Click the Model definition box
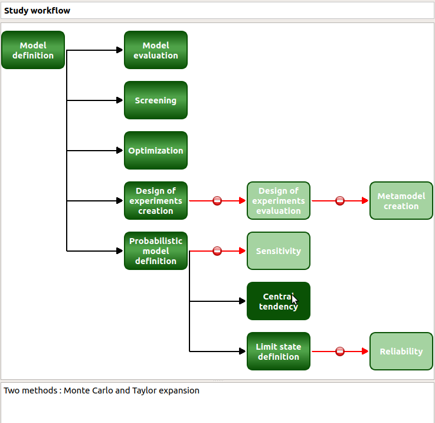pyautogui.click(x=33, y=50)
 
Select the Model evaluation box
pyautogui.click(x=156, y=50)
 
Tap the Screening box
pyautogui.click(x=156, y=100)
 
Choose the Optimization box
pyautogui.click(x=156, y=151)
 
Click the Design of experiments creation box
pyautogui.click(x=156, y=201)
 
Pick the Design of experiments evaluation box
pyautogui.click(x=279, y=201)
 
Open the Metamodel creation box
pyautogui.click(x=401, y=201)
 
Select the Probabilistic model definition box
pyautogui.click(x=156, y=251)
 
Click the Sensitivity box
pyautogui.click(x=279, y=251)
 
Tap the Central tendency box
pyautogui.click(x=279, y=301)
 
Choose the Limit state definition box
pyautogui.click(x=279, y=352)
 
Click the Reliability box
pyautogui.click(x=401, y=352)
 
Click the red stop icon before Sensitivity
pyautogui.click(x=217, y=251)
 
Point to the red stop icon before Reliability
pyautogui.click(x=340, y=352)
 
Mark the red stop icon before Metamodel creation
pyautogui.click(x=340, y=201)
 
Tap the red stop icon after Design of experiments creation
pyautogui.click(x=217, y=201)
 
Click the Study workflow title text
pyautogui.click(x=37, y=11)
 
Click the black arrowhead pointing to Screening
pyautogui.click(x=120, y=100)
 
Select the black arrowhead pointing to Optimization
pyautogui.click(x=120, y=151)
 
